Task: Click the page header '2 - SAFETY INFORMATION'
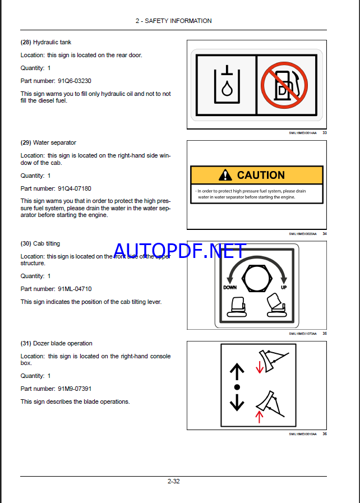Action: point(173,21)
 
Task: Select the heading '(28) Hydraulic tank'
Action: point(46,42)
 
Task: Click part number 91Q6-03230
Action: point(75,81)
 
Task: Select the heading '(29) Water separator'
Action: point(48,142)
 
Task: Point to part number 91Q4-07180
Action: point(75,188)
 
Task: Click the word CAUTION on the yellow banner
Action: point(261,175)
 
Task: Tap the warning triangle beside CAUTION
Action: point(225,175)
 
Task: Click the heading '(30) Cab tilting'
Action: point(40,243)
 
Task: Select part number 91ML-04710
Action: point(75,289)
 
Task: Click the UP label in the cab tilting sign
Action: point(283,287)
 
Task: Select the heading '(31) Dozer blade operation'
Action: point(57,343)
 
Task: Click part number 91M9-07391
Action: point(75,389)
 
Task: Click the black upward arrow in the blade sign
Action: point(237,371)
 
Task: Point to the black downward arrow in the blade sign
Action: point(237,402)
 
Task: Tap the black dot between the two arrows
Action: point(237,387)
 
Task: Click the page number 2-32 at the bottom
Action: point(173,481)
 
